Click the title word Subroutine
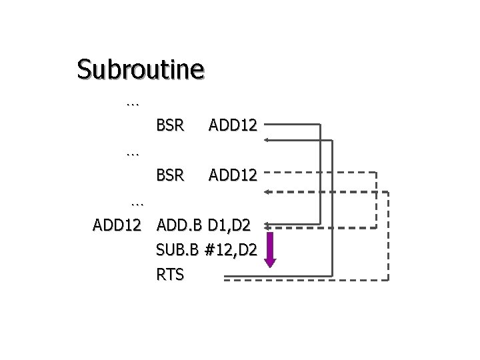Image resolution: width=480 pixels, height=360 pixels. [x=140, y=69]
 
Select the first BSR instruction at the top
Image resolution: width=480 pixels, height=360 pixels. [x=170, y=124]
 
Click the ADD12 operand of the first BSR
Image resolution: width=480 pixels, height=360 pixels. [x=233, y=124]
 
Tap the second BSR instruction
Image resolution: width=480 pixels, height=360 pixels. [x=170, y=175]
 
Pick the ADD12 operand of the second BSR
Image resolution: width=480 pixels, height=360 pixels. [x=233, y=175]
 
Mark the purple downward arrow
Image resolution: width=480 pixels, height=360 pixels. [x=270, y=249]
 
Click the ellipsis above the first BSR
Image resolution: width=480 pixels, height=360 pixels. [x=132, y=103]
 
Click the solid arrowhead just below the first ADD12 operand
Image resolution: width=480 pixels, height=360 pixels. [x=267, y=140]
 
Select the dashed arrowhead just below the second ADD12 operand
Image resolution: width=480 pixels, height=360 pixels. [x=267, y=192]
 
